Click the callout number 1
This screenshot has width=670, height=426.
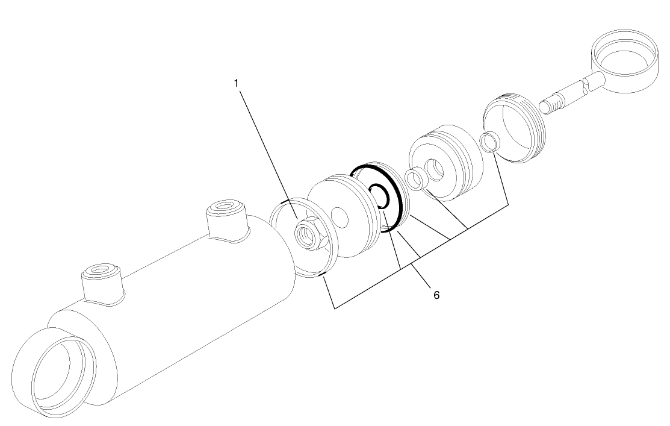(x=237, y=83)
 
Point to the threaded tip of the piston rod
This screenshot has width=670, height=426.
(x=548, y=106)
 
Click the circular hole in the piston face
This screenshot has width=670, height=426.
(x=341, y=216)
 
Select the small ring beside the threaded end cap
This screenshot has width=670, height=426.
(x=489, y=142)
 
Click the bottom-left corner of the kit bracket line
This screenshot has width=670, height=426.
(x=335, y=309)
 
